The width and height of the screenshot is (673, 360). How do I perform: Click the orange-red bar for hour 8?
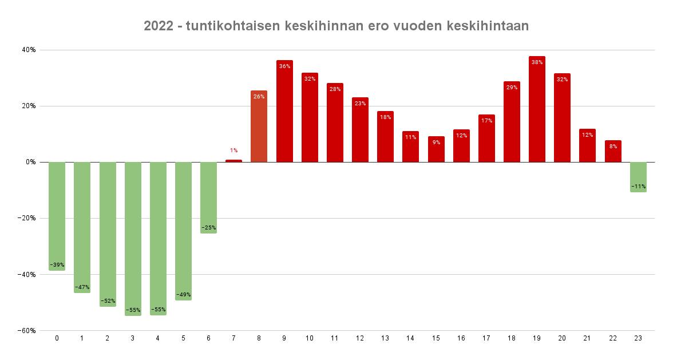pos(259,129)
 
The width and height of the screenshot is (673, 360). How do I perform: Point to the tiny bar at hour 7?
pos(233,161)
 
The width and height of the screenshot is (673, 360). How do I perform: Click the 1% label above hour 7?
pos(233,151)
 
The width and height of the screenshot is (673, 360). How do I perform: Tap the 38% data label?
pos(537,62)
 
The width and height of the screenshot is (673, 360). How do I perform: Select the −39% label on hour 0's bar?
pos(57,265)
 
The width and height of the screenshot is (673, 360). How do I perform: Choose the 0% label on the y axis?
pos(31,162)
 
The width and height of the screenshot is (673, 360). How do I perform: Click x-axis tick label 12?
pos(360,338)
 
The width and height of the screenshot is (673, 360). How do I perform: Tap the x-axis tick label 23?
pos(638,338)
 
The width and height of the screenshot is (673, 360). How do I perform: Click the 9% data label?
pos(436,142)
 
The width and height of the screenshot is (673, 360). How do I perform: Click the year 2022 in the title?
pos(157,26)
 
